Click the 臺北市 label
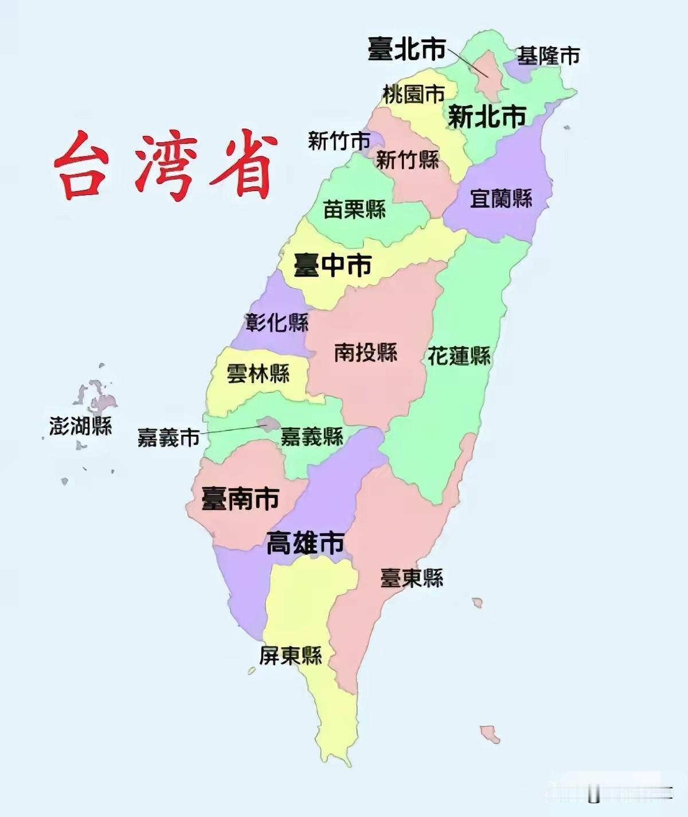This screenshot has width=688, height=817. point(406,49)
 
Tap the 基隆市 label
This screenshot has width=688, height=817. point(548,56)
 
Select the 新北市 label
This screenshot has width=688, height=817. point(486,117)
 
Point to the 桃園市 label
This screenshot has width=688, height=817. point(413,94)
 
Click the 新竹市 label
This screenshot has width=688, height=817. point(339,141)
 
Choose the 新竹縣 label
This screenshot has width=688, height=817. point(407,159)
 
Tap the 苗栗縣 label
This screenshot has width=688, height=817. point(354,209)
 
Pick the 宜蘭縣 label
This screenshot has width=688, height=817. point(501,199)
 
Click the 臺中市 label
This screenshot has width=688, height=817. point(333,265)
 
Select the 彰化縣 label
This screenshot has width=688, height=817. point(277,322)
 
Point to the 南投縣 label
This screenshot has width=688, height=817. point(366,352)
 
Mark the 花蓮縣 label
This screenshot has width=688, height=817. point(459,356)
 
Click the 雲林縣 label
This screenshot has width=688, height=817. point(258,374)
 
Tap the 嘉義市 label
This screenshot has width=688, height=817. point(168,438)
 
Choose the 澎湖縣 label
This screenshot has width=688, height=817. point(80,426)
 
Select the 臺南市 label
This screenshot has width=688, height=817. point(240,498)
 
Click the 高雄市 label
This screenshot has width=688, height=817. point(305,543)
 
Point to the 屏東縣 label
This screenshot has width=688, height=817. point(290,655)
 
